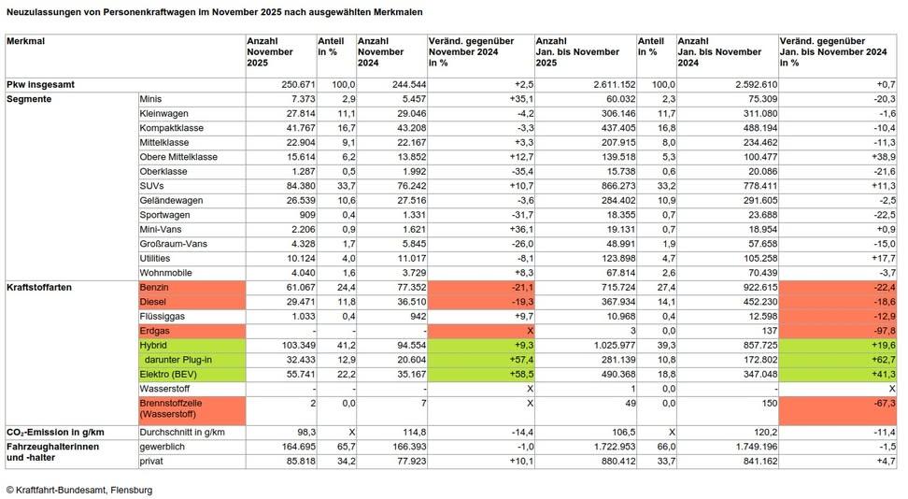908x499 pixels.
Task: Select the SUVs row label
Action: click(151, 185)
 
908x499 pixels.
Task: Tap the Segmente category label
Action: click(29, 98)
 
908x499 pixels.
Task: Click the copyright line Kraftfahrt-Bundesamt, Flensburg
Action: click(78, 490)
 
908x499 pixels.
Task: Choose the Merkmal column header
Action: click(25, 42)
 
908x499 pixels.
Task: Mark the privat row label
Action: click(151, 461)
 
